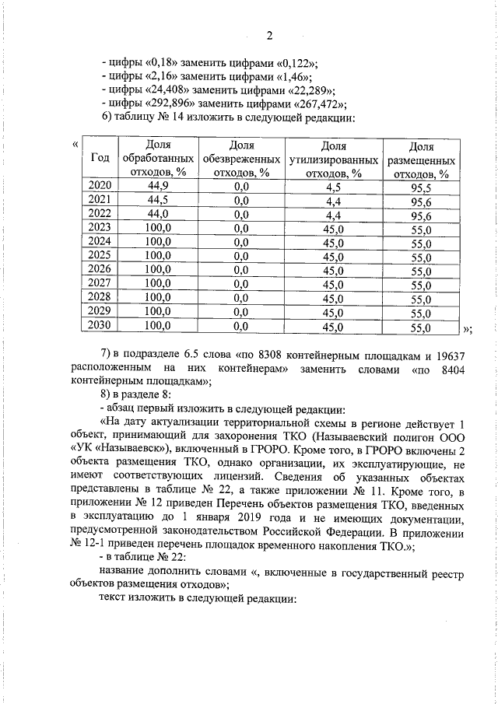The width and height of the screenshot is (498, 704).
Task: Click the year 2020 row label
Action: (x=100, y=185)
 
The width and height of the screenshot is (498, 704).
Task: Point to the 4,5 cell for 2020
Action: (x=334, y=186)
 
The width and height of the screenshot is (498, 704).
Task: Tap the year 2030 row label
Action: (x=100, y=325)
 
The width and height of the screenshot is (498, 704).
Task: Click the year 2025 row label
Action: (x=100, y=255)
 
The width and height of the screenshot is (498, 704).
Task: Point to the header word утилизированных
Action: (x=334, y=159)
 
